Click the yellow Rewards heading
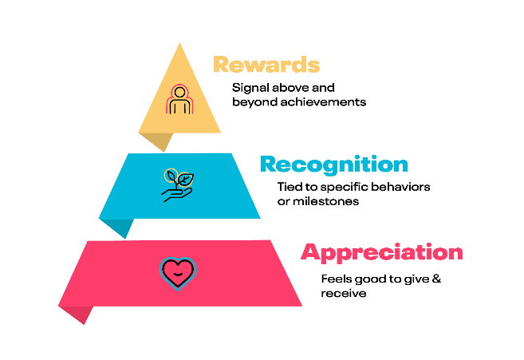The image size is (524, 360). click(266, 64)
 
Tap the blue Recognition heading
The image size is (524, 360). click(334, 164)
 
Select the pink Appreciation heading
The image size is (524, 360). click(382, 252)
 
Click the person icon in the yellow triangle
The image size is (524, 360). click(179, 99)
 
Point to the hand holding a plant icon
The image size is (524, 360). click(178, 185)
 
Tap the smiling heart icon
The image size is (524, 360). click(178, 273)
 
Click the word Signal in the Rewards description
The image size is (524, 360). click(250, 89)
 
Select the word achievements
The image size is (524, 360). click(323, 101)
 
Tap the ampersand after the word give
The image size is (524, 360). click(436, 279)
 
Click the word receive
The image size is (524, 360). click(344, 294)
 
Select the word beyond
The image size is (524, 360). click(254, 102)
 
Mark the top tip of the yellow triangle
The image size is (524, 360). click(179, 43)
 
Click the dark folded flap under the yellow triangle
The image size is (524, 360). click(158, 140)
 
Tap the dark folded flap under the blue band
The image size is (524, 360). click(119, 227)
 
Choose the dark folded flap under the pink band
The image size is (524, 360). click(77, 313)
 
